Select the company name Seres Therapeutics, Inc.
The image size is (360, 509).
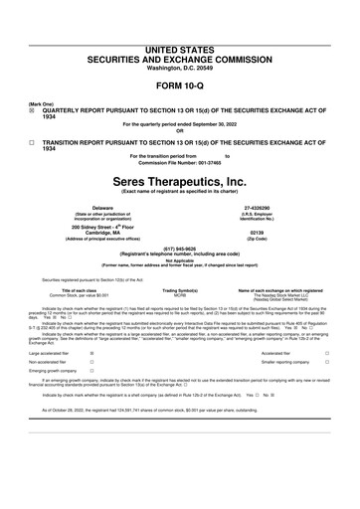coord(180,183)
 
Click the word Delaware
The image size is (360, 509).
coord(102,207)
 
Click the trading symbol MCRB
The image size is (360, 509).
coord(181,295)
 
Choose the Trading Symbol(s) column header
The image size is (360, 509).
coord(181,290)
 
